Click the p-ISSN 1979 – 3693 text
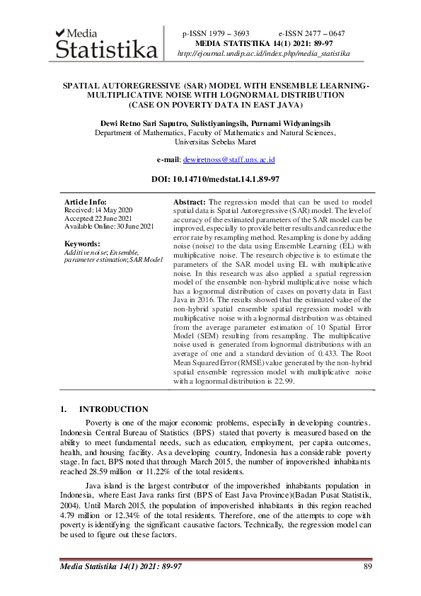pyautogui.click(x=216, y=33)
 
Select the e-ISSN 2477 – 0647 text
pyautogui.click(x=311, y=33)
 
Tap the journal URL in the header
pyautogui.click(x=263, y=53)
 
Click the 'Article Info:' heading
pyautogui.click(x=86, y=202)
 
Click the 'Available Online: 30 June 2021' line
pyautogui.click(x=108, y=226)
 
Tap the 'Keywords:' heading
pyautogui.click(x=83, y=243)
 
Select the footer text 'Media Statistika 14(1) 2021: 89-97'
pyautogui.click(x=121, y=566)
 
